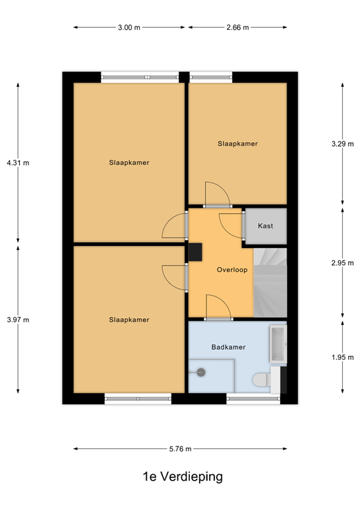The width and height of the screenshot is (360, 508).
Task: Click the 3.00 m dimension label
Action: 129,28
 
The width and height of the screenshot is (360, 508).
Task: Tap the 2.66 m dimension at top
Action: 237,28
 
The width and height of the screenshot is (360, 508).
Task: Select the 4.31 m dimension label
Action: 18,162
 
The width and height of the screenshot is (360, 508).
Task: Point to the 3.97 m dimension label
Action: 18,319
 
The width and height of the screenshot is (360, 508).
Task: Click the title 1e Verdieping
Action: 179,476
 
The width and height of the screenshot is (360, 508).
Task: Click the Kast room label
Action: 265,226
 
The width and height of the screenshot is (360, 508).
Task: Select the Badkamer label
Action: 229,347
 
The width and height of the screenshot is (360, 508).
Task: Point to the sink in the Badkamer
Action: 277,345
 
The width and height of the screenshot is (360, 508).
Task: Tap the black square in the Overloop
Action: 196,252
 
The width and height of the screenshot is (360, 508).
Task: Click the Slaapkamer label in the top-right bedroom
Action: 238,144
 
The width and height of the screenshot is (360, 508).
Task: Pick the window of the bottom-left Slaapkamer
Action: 138,399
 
